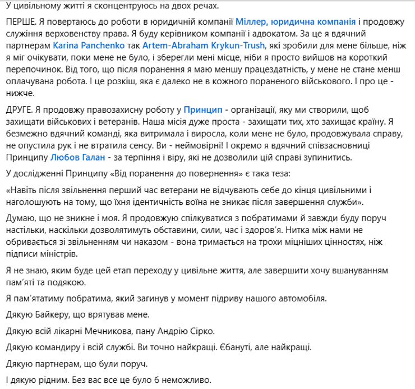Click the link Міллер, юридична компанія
[296, 22]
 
